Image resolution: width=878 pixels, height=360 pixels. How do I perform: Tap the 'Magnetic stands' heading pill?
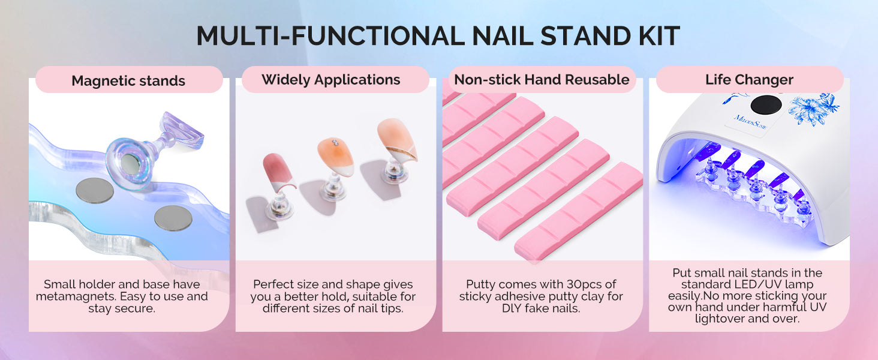129,80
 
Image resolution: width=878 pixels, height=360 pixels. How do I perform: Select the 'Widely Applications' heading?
331,80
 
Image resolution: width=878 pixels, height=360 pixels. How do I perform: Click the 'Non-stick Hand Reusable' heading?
542,80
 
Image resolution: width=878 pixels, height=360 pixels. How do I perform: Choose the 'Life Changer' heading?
749,80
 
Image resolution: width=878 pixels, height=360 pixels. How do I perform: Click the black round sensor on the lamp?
766,105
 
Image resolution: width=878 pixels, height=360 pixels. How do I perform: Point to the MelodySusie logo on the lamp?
751,122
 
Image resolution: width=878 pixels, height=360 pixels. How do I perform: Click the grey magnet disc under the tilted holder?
95,190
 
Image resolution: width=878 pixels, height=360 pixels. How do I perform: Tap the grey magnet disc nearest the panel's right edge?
173,218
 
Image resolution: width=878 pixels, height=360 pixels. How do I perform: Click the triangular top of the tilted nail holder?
183,130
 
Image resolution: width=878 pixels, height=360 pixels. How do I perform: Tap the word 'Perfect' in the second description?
272,284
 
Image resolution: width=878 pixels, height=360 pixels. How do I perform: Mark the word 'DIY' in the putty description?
512,308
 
